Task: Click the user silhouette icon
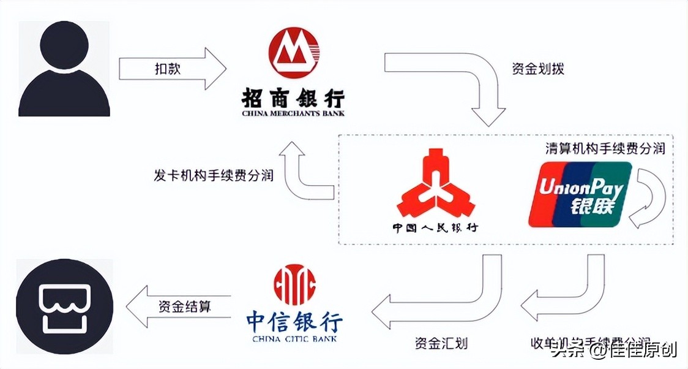pos(64,69)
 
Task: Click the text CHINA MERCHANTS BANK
pos(293,113)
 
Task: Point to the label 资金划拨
pos(537,69)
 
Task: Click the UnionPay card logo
pos(580,193)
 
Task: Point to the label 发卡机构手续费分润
pos(213,175)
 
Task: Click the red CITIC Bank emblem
pos(295,284)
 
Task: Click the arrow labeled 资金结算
pos(178,306)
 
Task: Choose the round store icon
pos(64,306)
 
